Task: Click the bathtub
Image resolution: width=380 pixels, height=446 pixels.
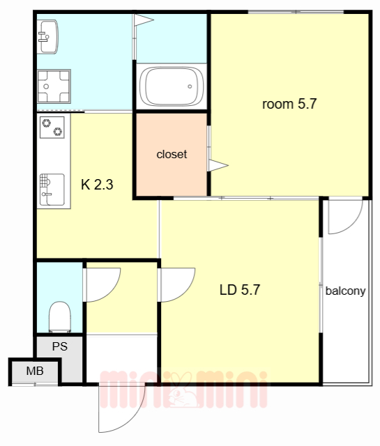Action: (x=172, y=86)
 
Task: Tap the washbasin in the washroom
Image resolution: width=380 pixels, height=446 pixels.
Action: (x=47, y=37)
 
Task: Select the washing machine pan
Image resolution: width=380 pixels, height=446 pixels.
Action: (x=54, y=86)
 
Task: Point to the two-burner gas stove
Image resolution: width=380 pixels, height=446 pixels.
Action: (x=52, y=128)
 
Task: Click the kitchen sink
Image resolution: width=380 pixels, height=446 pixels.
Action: (x=52, y=190)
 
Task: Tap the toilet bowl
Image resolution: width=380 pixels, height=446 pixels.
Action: (x=60, y=317)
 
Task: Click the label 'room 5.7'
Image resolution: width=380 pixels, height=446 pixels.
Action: (x=289, y=104)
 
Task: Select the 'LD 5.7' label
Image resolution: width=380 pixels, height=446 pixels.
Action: (x=240, y=290)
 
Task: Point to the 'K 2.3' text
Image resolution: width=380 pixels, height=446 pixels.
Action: (x=97, y=185)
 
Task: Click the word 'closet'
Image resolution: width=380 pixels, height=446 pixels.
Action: (x=172, y=155)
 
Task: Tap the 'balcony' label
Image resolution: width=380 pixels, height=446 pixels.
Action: (x=345, y=291)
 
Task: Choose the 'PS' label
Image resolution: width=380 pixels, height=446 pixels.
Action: (x=60, y=346)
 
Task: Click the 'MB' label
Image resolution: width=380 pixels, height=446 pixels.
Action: (x=35, y=371)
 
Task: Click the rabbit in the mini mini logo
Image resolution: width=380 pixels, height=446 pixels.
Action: (x=182, y=390)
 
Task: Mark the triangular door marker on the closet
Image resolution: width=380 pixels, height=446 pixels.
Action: (x=218, y=165)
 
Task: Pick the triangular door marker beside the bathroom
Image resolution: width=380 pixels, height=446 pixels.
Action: (x=144, y=20)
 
